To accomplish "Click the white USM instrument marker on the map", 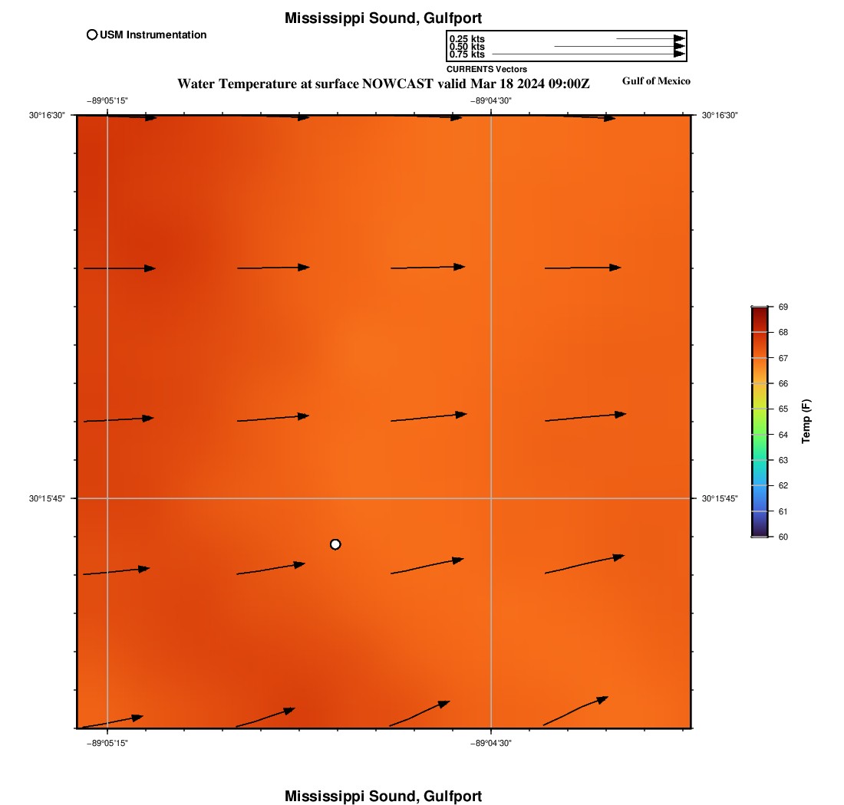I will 335,544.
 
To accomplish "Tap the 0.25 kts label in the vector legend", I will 467,39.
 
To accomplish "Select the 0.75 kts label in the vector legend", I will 467,54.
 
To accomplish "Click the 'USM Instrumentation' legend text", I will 153,34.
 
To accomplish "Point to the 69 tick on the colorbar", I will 783,307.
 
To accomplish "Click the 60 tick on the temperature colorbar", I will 783,537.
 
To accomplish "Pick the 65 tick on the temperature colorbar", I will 783,409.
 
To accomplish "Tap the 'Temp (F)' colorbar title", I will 806,422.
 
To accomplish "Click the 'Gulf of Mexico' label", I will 656,81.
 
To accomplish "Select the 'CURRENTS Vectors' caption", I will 486,69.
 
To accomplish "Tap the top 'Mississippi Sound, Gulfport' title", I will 383,18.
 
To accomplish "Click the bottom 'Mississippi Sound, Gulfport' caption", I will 383,796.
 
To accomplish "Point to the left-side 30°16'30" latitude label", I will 48,115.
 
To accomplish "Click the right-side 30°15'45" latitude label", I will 720,498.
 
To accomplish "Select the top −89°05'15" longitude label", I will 107,100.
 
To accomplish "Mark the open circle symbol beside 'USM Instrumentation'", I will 92,34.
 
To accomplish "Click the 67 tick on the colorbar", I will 783,358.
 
